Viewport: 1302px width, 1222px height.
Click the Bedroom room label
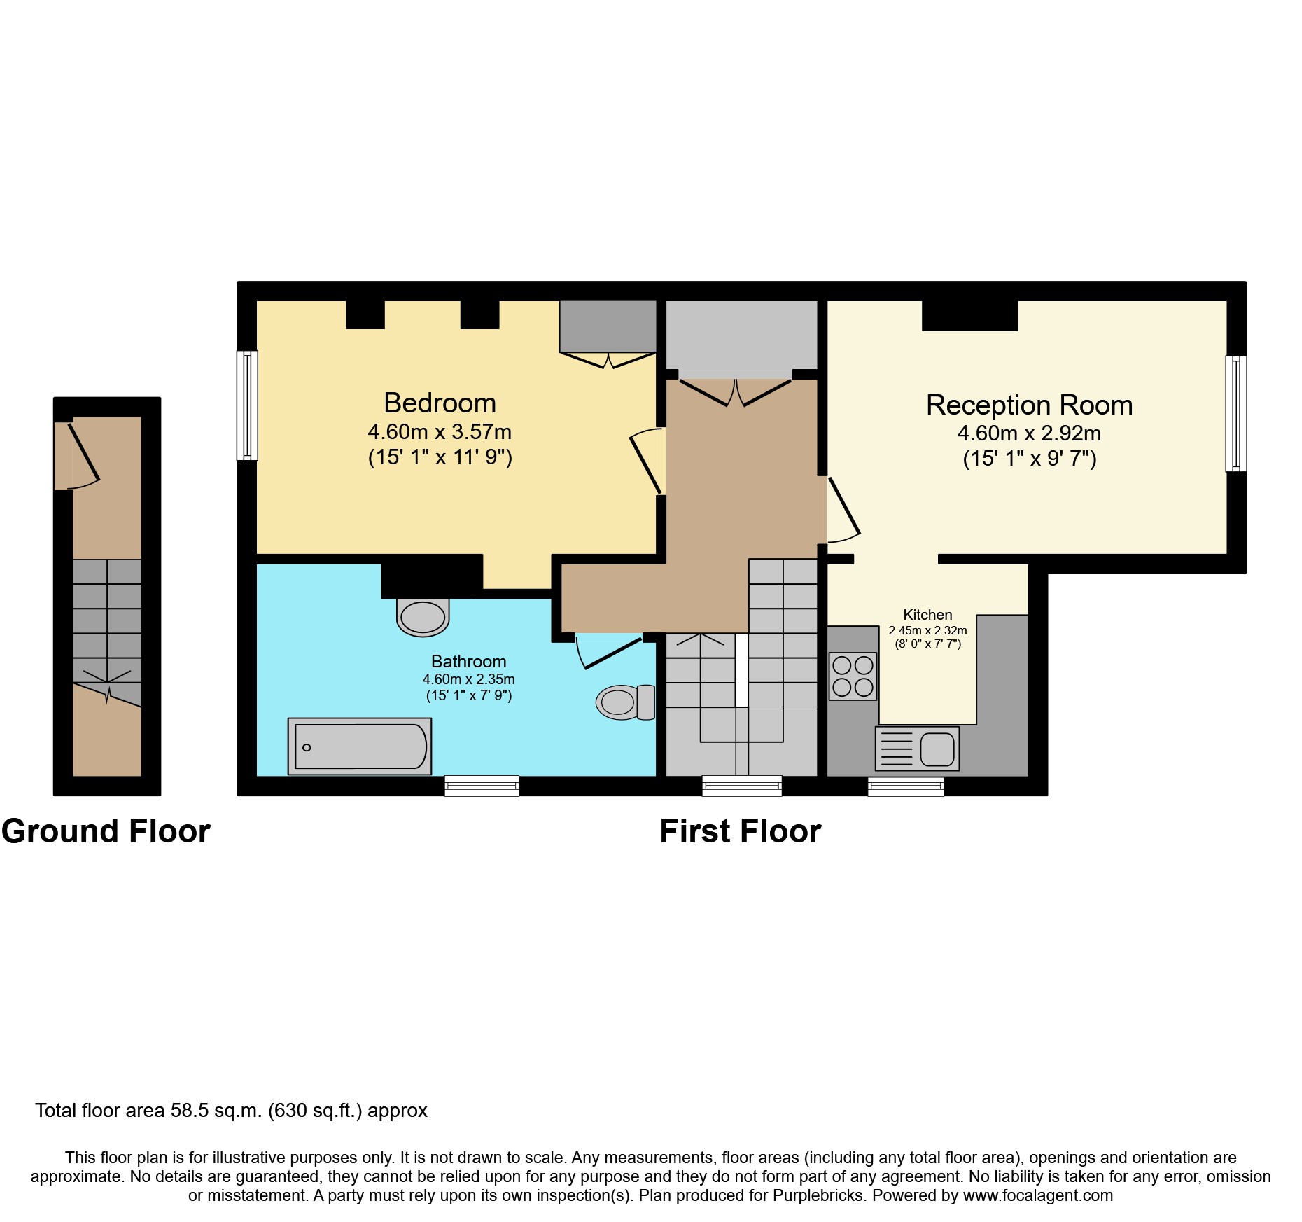440,403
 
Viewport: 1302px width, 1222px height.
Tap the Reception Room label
1029,405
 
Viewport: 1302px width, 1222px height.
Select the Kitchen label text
927,615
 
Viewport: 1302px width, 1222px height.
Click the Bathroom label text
468,662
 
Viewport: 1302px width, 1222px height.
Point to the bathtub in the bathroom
360,747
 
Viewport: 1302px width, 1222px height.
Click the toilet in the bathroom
624,702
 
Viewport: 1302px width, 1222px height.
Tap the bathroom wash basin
423,618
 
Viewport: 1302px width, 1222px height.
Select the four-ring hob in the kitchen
853,676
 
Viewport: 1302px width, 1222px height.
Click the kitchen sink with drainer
917,749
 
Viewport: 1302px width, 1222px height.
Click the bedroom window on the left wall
247,405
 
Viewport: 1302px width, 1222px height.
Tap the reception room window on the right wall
1236,414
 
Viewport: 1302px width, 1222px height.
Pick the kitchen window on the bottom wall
906,786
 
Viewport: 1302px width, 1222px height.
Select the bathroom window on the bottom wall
482,786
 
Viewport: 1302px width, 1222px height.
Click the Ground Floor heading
106,831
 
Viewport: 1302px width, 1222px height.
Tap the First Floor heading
740,831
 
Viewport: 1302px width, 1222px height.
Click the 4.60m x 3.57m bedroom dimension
440,432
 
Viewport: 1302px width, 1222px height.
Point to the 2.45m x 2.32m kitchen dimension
927,630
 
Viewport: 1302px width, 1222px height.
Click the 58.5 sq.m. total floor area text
216,1111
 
